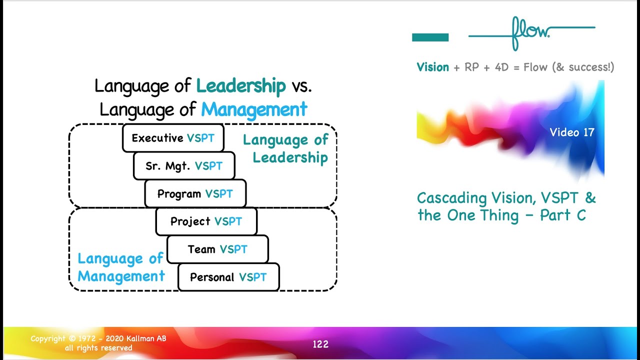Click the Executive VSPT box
tap(173, 138)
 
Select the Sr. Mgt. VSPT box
tap(184, 166)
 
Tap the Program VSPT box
tap(195, 194)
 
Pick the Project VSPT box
tap(206, 221)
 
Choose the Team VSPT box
tap(217, 249)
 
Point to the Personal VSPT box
tap(228, 277)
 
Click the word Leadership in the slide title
tap(241, 86)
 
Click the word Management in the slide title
tap(254, 109)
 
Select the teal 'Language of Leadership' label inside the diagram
tap(286, 149)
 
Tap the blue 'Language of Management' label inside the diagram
tap(120, 267)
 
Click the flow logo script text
tap(530, 32)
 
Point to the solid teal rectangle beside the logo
tap(430, 37)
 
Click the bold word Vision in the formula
tap(432, 67)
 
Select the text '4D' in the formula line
tap(501, 67)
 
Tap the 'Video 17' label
tap(572, 132)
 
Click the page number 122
tap(320, 344)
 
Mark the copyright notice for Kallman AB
tap(98, 343)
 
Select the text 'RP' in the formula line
tap(472, 67)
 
